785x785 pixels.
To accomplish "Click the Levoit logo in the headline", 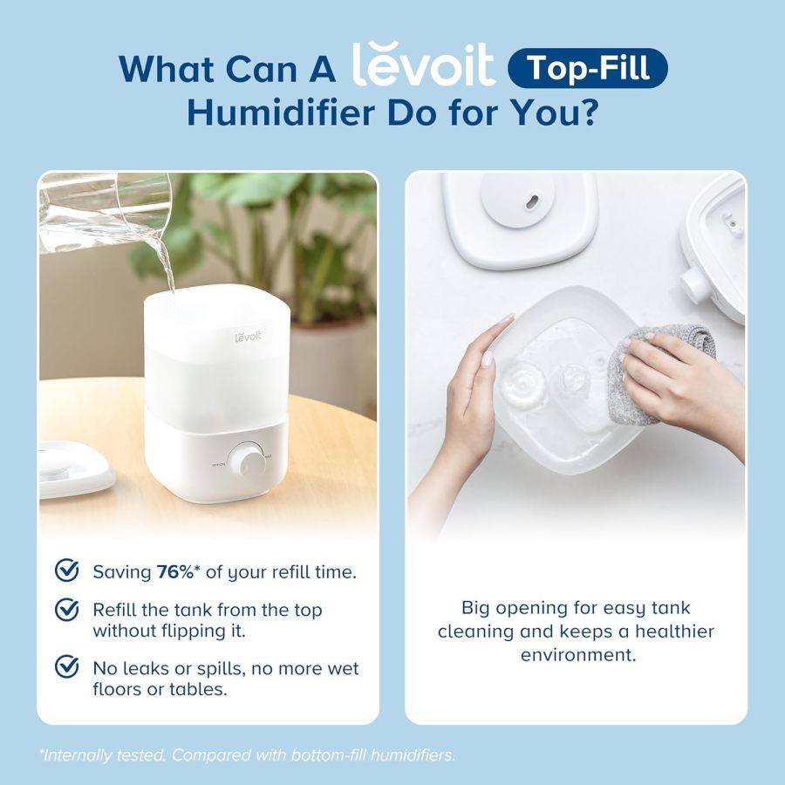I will coord(423,65).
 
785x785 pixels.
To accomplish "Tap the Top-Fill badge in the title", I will coord(587,68).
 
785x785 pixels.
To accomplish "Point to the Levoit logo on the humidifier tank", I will coord(248,336).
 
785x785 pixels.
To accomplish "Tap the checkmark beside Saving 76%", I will coord(66,571).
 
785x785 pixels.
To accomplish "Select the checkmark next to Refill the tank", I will coord(66,609).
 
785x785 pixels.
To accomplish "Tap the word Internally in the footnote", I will coord(78,755).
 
